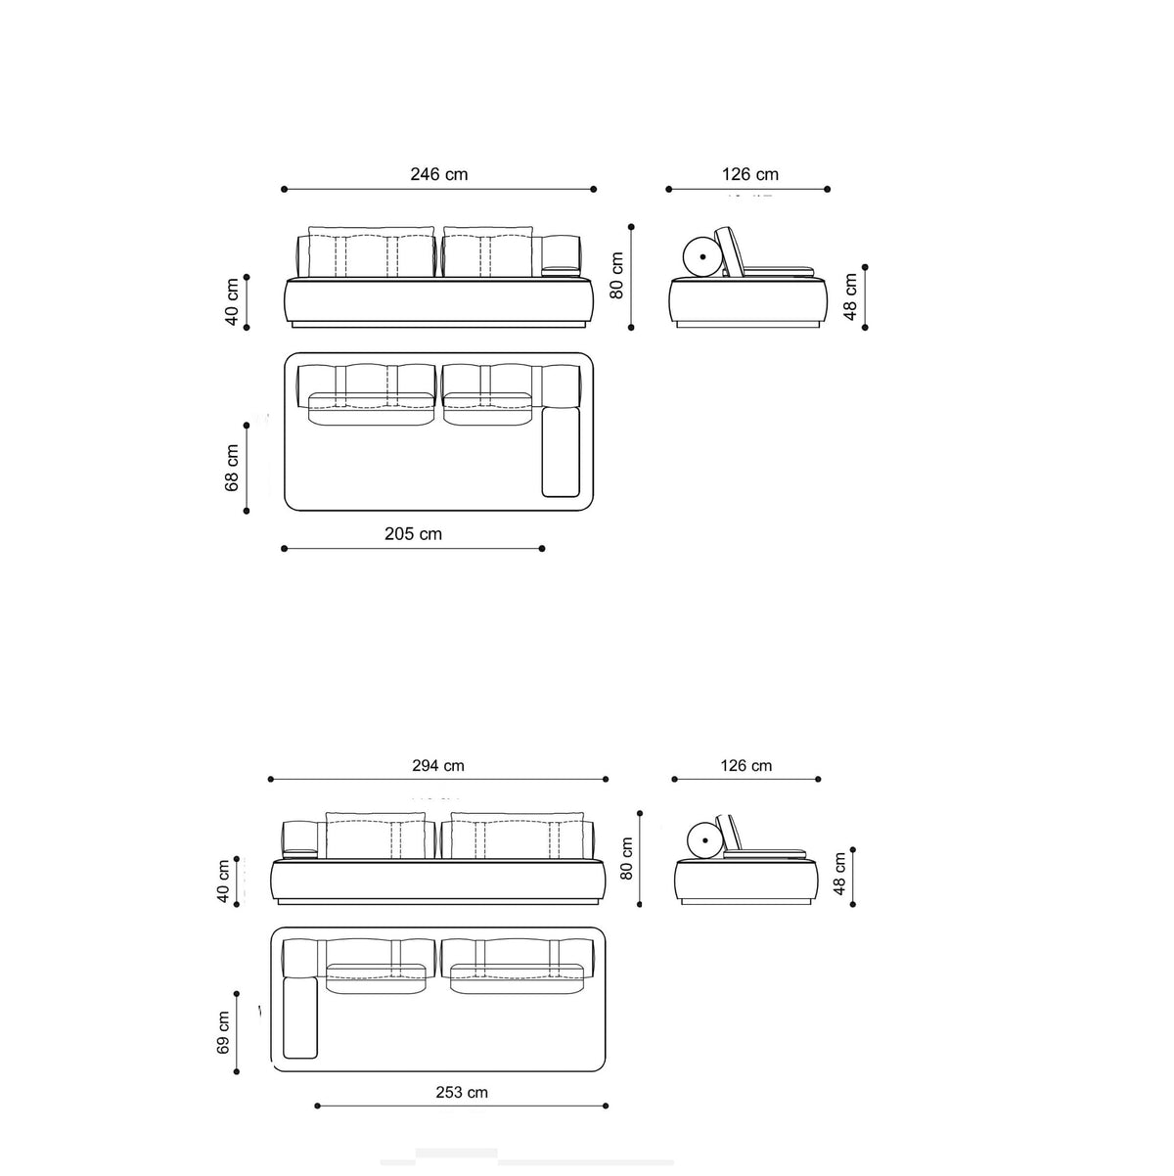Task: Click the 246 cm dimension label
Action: [439, 174]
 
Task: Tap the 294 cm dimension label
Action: [437, 765]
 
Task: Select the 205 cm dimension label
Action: [413, 534]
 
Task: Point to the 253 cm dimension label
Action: [462, 1092]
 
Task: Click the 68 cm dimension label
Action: [232, 468]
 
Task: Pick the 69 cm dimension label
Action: [223, 1032]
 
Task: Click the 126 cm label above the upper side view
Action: [750, 174]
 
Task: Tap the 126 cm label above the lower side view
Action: [746, 765]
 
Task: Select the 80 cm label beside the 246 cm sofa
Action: [617, 275]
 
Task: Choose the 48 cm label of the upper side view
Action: [850, 296]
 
